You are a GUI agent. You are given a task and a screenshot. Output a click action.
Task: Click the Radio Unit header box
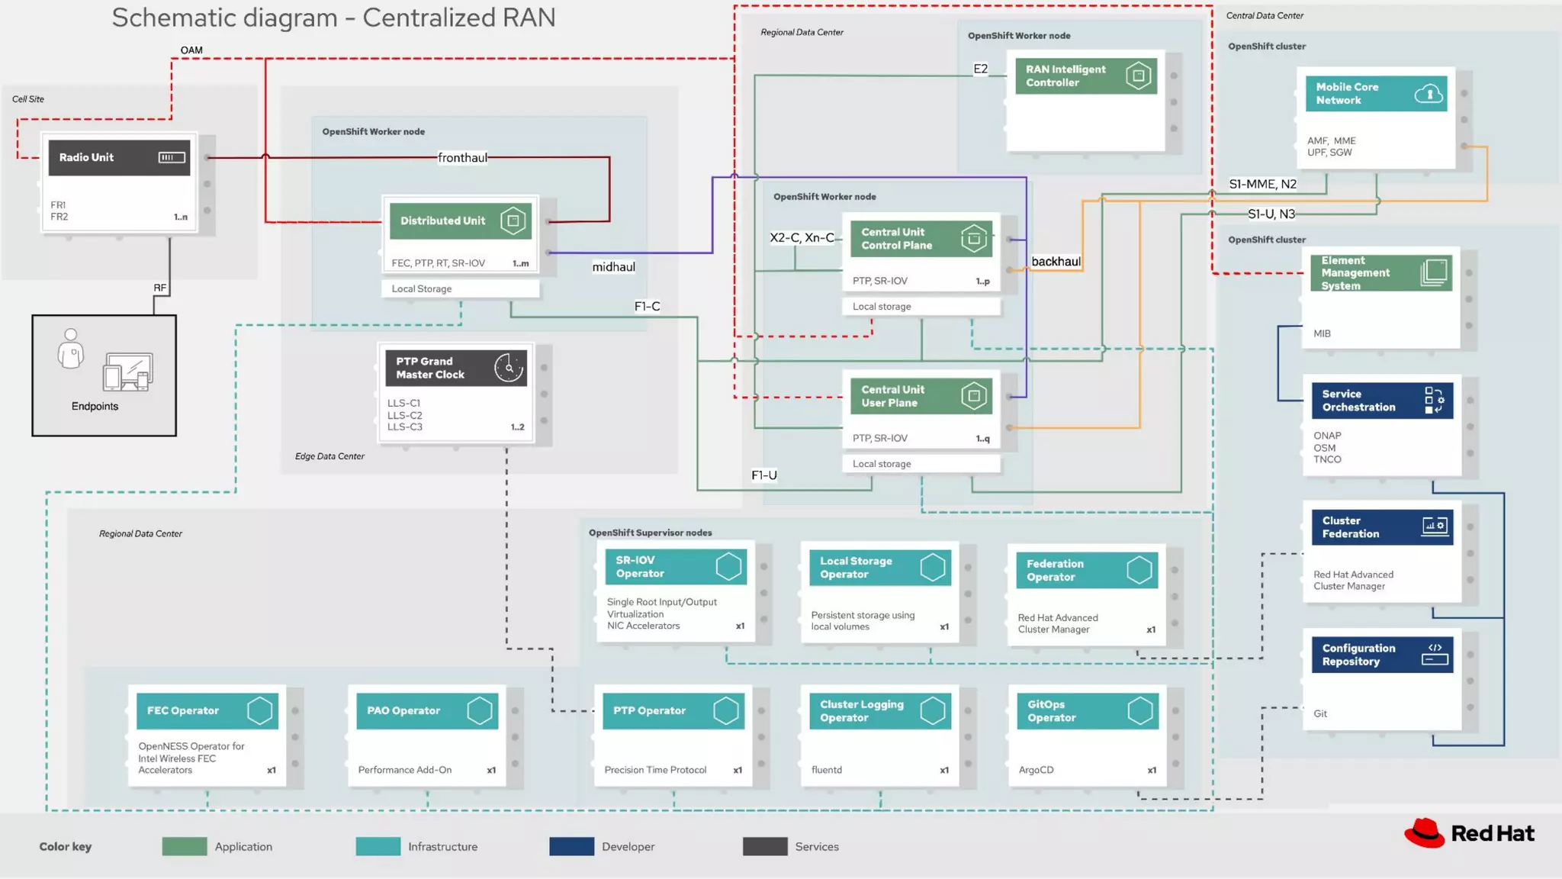[x=119, y=157]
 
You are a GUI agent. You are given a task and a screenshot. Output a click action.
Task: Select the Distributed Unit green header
[x=461, y=221]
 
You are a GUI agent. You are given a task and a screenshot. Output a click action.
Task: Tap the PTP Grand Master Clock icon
[x=509, y=368]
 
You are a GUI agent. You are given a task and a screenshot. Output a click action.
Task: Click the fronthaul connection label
[x=462, y=158]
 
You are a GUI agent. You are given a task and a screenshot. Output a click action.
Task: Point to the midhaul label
[x=614, y=267]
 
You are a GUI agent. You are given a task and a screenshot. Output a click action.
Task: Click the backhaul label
[x=1056, y=262]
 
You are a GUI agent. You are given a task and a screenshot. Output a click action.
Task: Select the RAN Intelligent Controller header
[x=1086, y=76]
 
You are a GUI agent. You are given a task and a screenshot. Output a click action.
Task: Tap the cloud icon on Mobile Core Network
[x=1429, y=94]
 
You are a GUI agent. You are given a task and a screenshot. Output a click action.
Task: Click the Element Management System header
[x=1381, y=273]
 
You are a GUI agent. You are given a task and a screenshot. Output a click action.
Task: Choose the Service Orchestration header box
[x=1382, y=401]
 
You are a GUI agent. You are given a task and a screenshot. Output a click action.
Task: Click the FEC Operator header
[x=207, y=710]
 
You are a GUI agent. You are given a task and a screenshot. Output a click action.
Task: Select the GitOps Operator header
[x=1088, y=710]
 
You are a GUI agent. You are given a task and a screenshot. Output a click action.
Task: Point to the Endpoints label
[x=95, y=406]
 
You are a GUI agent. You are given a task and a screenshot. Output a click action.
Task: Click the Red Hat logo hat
[x=1425, y=832]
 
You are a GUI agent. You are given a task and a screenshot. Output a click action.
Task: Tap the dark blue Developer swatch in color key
[x=571, y=846]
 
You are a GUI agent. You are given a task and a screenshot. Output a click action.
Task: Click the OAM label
[x=191, y=50]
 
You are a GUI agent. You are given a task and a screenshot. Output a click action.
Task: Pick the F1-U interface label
[x=764, y=475]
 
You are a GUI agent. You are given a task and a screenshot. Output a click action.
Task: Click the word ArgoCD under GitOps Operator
[x=1036, y=770]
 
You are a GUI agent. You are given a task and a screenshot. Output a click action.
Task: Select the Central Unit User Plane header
[x=921, y=396]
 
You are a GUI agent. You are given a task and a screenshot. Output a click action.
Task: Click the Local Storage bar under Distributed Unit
[x=461, y=288]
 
